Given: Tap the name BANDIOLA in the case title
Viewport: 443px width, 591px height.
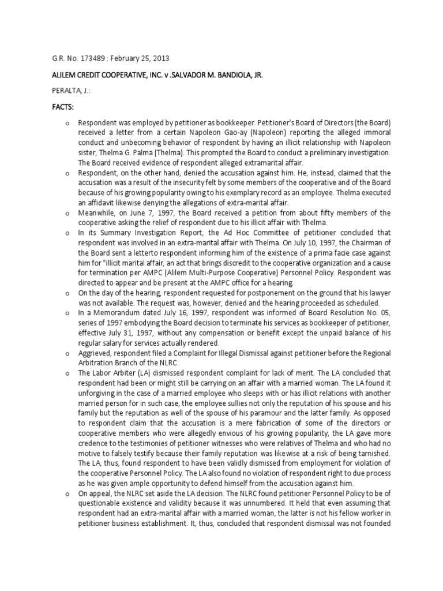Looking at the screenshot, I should [232, 75].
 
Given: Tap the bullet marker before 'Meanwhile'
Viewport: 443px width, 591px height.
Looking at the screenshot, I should [67, 212].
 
